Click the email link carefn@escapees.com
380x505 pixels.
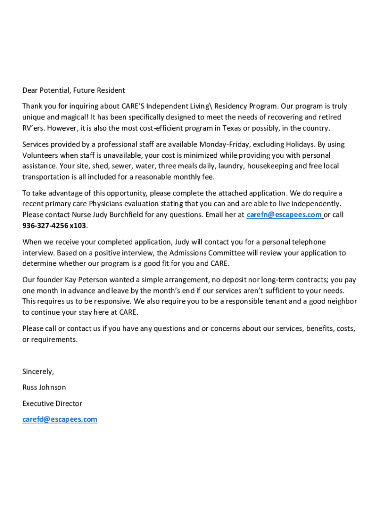(x=284, y=215)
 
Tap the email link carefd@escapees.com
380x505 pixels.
(x=60, y=419)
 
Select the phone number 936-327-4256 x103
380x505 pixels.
(x=54, y=225)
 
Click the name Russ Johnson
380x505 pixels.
(x=44, y=387)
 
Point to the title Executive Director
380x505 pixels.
(x=52, y=403)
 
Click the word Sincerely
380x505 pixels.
(x=38, y=371)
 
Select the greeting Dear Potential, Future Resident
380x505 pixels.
(x=74, y=90)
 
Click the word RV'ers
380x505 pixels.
(x=33, y=128)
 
